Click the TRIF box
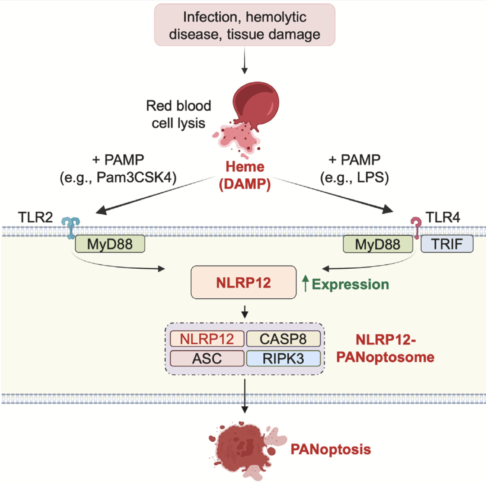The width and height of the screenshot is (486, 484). [447, 244]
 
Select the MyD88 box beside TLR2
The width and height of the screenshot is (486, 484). [110, 244]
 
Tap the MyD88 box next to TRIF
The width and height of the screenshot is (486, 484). [378, 244]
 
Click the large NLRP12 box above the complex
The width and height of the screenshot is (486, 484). [243, 282]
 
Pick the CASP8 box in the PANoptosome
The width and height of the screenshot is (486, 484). [283, 339]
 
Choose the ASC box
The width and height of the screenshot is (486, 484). [207, 358]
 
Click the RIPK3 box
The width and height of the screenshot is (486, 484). [283, 358]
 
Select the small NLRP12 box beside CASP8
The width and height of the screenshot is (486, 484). [207, 339]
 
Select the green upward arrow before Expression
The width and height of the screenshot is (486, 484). [306, 284]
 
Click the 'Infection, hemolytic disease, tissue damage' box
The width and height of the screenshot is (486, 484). [245, 25]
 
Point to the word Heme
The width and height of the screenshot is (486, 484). [245, 167]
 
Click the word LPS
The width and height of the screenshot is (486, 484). [371, 178]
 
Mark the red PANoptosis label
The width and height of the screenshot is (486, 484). [331, 449]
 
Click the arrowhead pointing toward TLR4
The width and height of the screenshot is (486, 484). [387, 209]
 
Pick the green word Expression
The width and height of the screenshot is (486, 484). [350, 284]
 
